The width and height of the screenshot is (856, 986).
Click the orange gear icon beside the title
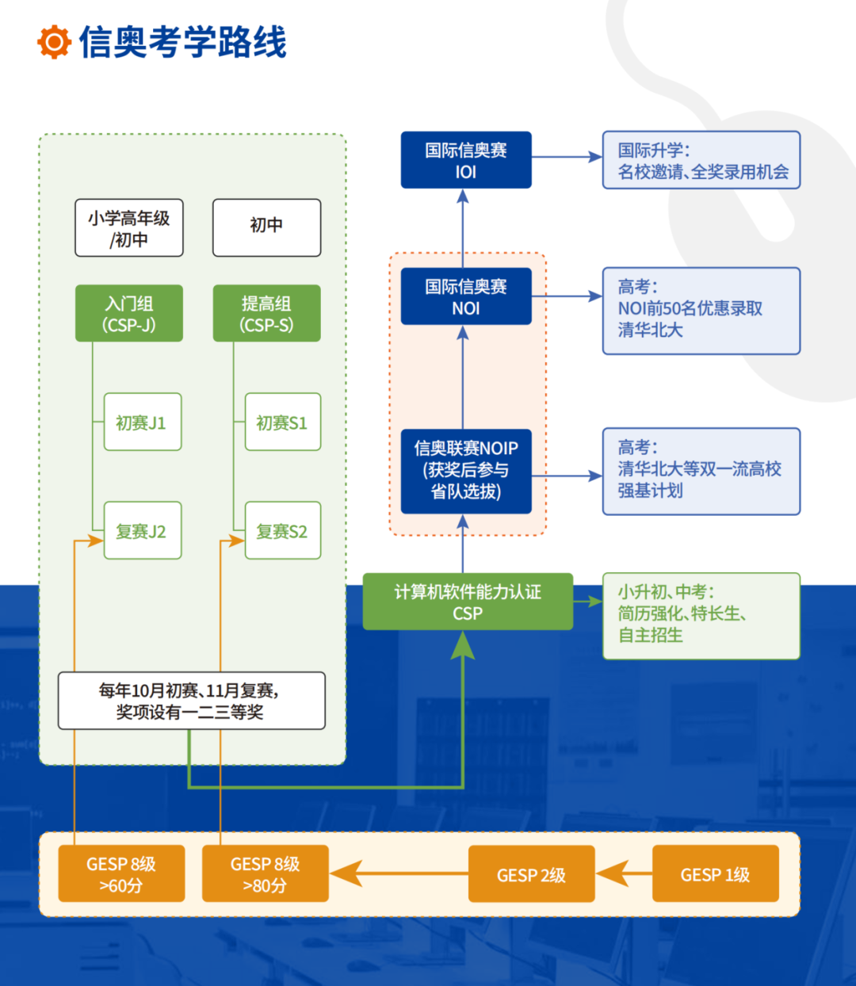(x=54, y=42)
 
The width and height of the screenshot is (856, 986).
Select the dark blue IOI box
(x=466, y=160)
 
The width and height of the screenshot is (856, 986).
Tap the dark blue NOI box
(x=466, y=296)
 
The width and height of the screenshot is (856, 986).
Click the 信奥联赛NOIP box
(x=466, y=470)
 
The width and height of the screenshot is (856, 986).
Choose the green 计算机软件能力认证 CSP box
(x=468, y=602)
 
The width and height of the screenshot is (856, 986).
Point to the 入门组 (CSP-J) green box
(x=129, y=313)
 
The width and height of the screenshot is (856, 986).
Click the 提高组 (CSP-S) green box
(x=266, y=313)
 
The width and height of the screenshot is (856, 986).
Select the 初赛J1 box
(x=143, y=422)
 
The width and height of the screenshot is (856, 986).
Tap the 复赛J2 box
(x=143, y=531)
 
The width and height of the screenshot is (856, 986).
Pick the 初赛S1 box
(x=283, y=422)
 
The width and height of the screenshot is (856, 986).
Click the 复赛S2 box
(x=283, y=531)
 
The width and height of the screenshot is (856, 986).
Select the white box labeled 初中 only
(x=266, y=227)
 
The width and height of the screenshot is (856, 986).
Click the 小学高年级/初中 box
(x=129, y=227)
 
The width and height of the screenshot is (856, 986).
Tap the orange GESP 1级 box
(x=715, y=874)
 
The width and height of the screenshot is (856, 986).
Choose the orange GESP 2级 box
(x=531, y=874)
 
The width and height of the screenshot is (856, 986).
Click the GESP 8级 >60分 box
(x=121, y=874)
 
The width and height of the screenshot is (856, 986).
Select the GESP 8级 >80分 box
(x=265, y=874)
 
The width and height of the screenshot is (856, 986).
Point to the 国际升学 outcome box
(x=701, y=160)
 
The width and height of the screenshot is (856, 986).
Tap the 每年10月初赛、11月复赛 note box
(x=191, y=701)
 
